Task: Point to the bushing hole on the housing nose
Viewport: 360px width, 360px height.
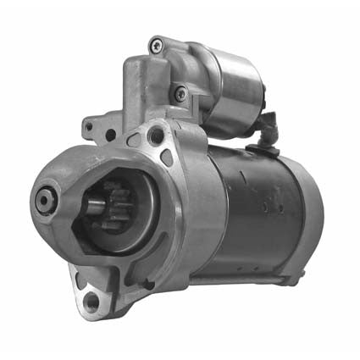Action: tap(45, 200)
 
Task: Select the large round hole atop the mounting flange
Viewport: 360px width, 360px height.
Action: tap(154, 135)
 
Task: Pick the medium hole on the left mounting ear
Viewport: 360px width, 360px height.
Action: tap(110, 135)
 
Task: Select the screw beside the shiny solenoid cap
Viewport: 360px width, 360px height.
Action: tap(179, 93)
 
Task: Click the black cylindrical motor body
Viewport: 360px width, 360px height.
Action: tap(254, 212)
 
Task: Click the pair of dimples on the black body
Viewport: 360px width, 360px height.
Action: tap(270, 203)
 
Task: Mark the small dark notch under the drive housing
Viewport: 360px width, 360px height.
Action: tap(147, 285)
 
